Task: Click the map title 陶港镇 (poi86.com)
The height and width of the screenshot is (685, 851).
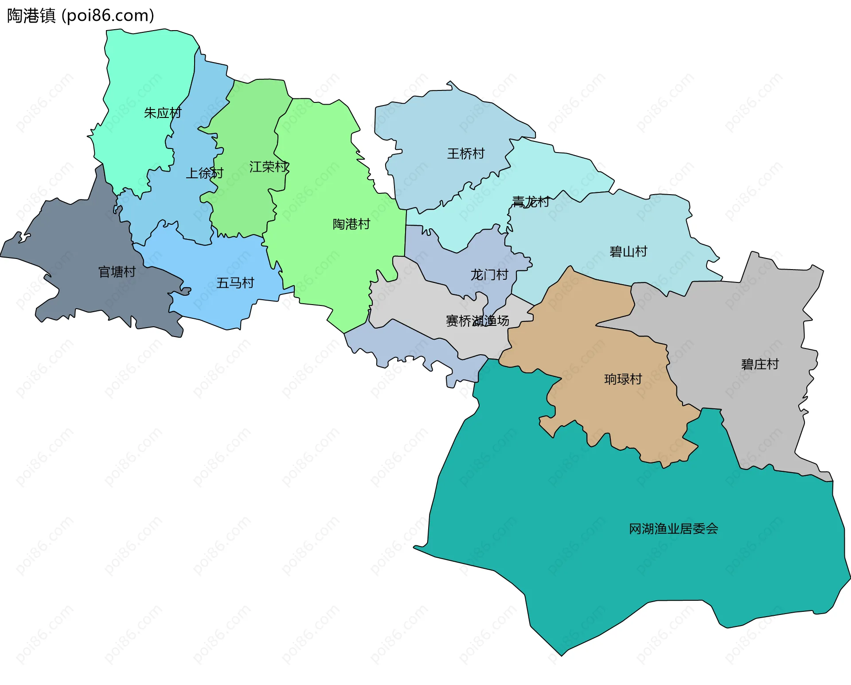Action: click(81, 16)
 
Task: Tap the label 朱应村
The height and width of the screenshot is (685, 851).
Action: click(163, 113)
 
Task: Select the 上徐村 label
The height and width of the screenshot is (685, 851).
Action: click(204, 173)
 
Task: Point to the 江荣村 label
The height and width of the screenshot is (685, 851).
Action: click(269, 167)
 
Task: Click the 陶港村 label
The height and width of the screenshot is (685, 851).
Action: click(351, 224)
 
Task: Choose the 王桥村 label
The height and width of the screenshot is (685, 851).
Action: click(466, 154)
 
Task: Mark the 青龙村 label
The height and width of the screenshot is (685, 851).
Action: click(531, 202)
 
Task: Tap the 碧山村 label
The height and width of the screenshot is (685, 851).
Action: click(628, 252)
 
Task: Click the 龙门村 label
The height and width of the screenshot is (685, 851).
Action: click(489, 275)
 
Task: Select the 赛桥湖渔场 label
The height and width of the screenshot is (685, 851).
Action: click(477, 321)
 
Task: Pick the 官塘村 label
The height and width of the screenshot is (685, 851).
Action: click(117, 272)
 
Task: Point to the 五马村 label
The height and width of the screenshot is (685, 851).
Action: click(235, 283)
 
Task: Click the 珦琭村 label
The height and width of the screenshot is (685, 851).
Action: click(623, 379)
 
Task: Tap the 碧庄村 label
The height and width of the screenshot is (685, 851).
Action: click(760, 364)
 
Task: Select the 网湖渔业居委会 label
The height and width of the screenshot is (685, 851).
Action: click(674, 529)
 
